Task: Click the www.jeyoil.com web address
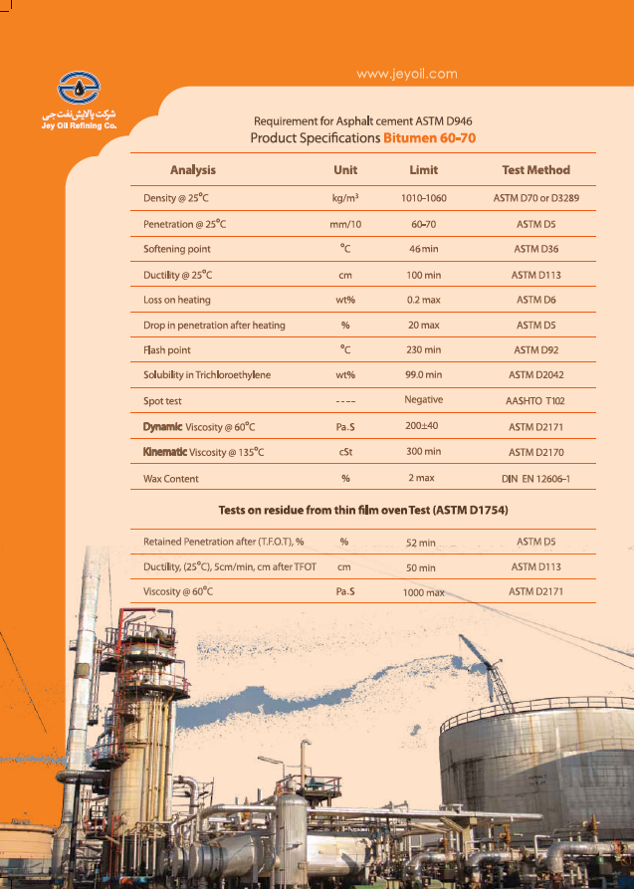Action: click(406, 74)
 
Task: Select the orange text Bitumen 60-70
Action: click(429, 137)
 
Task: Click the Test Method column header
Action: click(535, 170)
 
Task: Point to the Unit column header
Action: click(345, 170)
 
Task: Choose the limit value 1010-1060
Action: click(423, 198)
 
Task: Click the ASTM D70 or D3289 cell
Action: click(535, 198)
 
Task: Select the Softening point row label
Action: click(177, 249)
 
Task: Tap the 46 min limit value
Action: click(424, 249)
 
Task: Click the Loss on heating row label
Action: click(177, 300)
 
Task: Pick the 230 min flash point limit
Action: click(424, 350)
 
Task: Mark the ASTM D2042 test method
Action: click(535, 375)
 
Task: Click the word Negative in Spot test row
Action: click(424, 399)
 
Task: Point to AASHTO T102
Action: click(535, 401)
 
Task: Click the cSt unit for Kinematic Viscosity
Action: click(345, 452)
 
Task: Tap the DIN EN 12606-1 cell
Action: click(535, 479)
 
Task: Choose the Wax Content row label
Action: click(171, 479)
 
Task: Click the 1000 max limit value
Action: click(424, 592)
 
